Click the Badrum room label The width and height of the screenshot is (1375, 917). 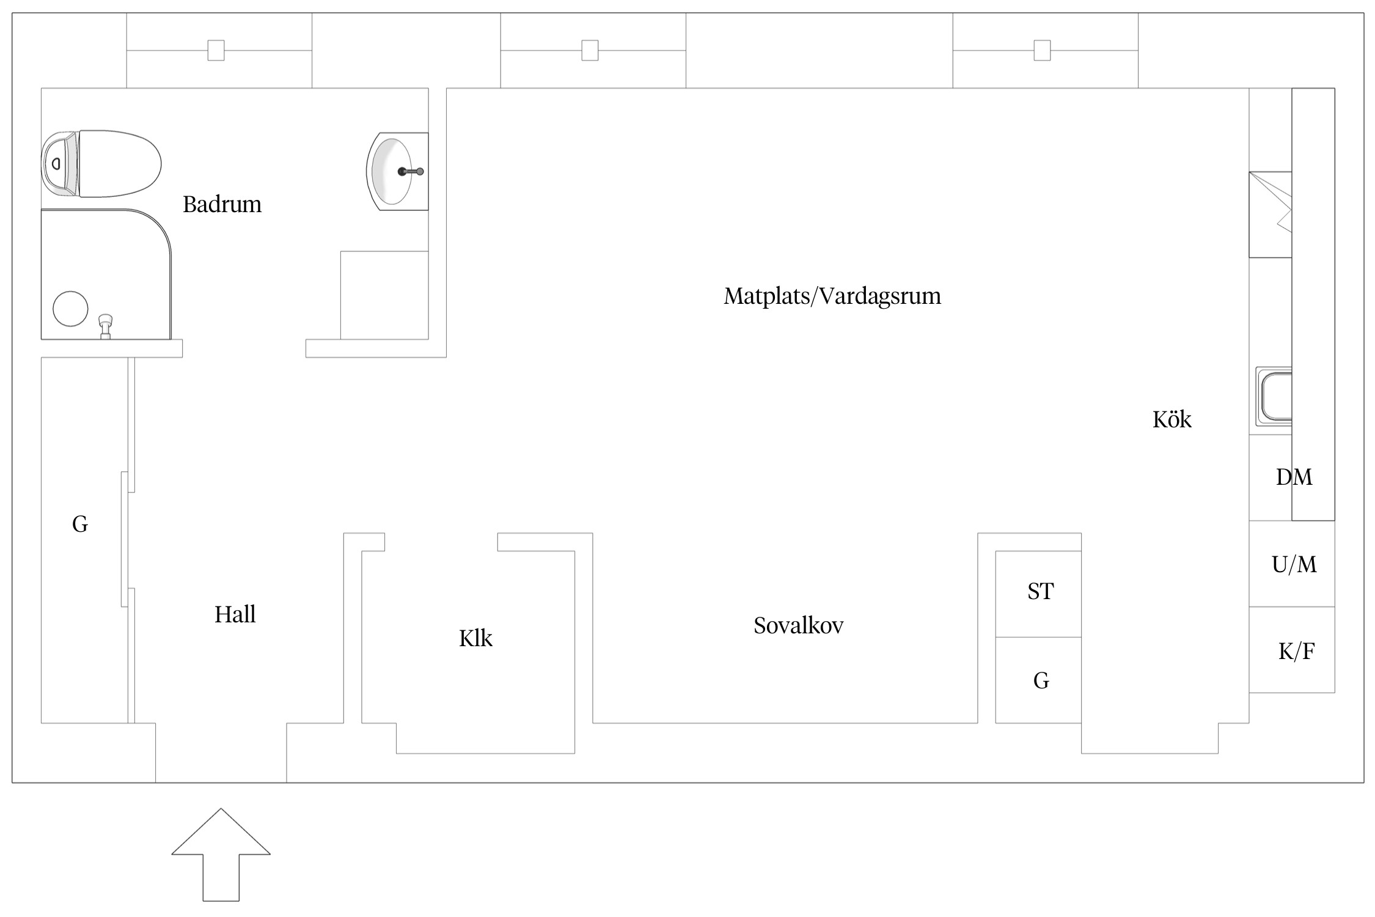[x=222, y=204]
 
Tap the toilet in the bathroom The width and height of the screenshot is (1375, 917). [x=101, y=163]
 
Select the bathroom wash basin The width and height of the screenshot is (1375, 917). [x=397, y=171]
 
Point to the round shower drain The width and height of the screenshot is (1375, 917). [x=70, y=308]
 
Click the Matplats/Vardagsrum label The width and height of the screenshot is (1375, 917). [x=832, y=296]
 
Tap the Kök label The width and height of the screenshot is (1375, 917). [x=1171, y=419]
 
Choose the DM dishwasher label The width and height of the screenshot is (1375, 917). [x=1294, y=477]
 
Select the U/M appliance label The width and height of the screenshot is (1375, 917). [x=1294, y=564]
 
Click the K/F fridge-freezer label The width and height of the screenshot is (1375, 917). [x=1296, y=652]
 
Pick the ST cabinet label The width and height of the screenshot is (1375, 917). [x=1040, y=591]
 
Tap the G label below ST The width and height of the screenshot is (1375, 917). [x=1041, y=680]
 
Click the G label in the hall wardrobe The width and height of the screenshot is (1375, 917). [x=80, y=524]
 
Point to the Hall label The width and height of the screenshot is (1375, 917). [x=235, y=614]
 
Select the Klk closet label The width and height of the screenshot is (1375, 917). [x=475, y=638]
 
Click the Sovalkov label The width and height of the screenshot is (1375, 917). [x=798, y=625]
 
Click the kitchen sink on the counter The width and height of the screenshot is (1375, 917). [x=1274, y=396]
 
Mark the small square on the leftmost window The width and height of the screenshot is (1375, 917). [x=216, y=50]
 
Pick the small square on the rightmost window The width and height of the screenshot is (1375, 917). [x=1042, y=50]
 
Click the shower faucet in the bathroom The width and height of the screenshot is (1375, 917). [x=106, y=326]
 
